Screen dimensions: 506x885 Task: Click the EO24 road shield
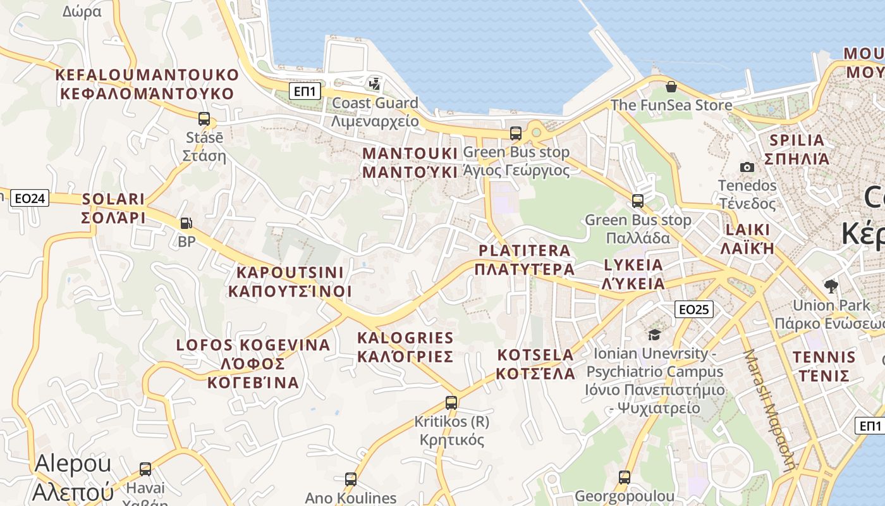coord(30,199)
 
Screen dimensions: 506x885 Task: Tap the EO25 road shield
coord(694,309)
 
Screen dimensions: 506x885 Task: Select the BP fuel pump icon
coord(186,223)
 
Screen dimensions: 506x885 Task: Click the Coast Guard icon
coord(375,83)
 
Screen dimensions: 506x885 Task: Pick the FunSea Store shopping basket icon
coord(671,86)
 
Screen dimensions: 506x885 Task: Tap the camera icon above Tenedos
coord(747,167)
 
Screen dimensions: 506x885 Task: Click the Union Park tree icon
coord(831,286)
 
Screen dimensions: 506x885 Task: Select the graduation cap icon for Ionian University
coord(654,335)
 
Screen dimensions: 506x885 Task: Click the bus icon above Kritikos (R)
coord(451,402)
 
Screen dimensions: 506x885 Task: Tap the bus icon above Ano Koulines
coord(351,479)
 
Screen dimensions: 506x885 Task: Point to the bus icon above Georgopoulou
coord(625,477)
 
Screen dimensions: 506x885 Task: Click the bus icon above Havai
coord(145,469)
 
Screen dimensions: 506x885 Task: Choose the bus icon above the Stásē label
coord(204,118)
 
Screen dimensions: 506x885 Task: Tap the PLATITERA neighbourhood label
coord(525,250)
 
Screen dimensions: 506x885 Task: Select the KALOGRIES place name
coord(405,338)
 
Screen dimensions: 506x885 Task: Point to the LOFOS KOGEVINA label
coord(253,345)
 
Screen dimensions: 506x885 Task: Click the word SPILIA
coord(796,140)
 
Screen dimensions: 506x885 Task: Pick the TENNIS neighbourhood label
coord(824,357)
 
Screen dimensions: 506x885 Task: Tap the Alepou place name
coord(73,464)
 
